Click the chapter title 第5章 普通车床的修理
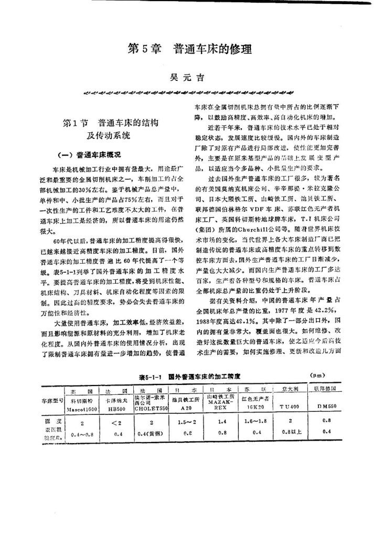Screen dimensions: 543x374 click(190, 50)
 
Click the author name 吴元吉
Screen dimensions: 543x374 click(186, 78)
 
